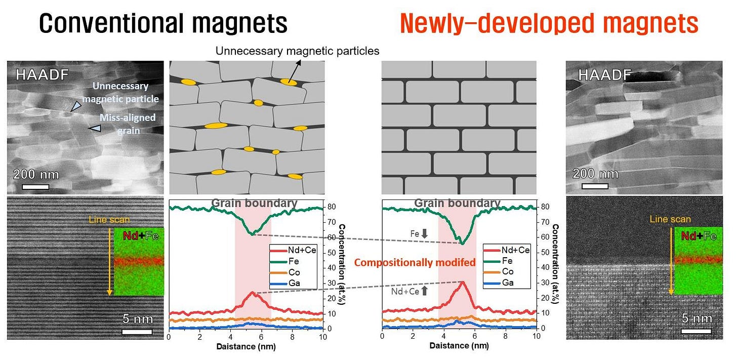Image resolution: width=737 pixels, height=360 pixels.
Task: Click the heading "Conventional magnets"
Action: click(x=163, y=23)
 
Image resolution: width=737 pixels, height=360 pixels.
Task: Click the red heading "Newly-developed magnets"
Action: click(x=549, y=23)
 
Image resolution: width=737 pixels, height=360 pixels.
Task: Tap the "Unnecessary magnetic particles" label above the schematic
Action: click(x=297, y=51)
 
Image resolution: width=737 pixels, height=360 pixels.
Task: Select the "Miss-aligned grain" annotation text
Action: click(x=127, y=123)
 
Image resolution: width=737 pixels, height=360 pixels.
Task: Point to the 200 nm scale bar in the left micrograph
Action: click(x=35, y=185)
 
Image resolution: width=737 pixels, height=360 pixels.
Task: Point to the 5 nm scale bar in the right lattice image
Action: click(x=697, y=332)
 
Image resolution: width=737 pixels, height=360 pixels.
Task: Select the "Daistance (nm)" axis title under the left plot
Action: click(x=246, y=347)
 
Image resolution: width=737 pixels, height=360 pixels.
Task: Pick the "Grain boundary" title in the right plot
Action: click(x=457, y=204)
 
